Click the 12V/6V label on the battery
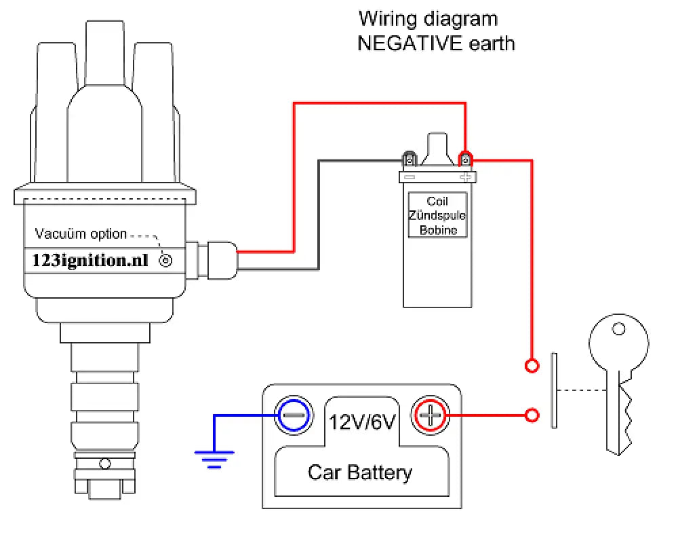point(362,422)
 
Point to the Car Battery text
point(359,472)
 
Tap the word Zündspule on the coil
point(437,216)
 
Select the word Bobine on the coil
point(437,230)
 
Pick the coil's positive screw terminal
point(465,160)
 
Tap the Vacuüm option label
point(81,234)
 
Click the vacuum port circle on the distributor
point(164,260)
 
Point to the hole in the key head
point(618,329)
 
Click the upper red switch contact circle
point(533,366)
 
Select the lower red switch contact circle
point(533,414)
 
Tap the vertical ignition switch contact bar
point(554,390)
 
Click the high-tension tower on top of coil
point(437,148)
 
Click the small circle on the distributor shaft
point(104,464)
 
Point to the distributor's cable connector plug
point(220,260)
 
